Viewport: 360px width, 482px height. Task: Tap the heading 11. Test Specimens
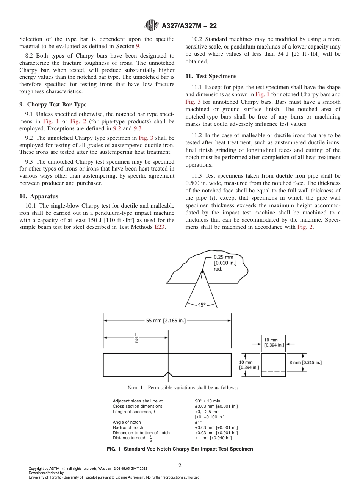click(211, 76)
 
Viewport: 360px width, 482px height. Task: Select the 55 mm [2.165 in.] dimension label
click(166, 321)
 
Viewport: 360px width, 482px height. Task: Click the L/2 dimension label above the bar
click(136, 338)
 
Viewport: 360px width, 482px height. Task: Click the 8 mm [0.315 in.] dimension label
click(305, 362)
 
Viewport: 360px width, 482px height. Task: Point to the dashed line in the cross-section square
click(273, 372)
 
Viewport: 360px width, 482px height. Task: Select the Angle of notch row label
click(127, 422)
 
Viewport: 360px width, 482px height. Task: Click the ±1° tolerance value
click(198, 422)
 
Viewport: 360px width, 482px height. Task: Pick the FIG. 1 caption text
click(180, 449)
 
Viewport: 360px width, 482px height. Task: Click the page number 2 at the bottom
click(180, 466)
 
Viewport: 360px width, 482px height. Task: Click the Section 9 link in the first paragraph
click(138, 46)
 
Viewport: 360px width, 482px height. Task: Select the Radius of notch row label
click(128, 427)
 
